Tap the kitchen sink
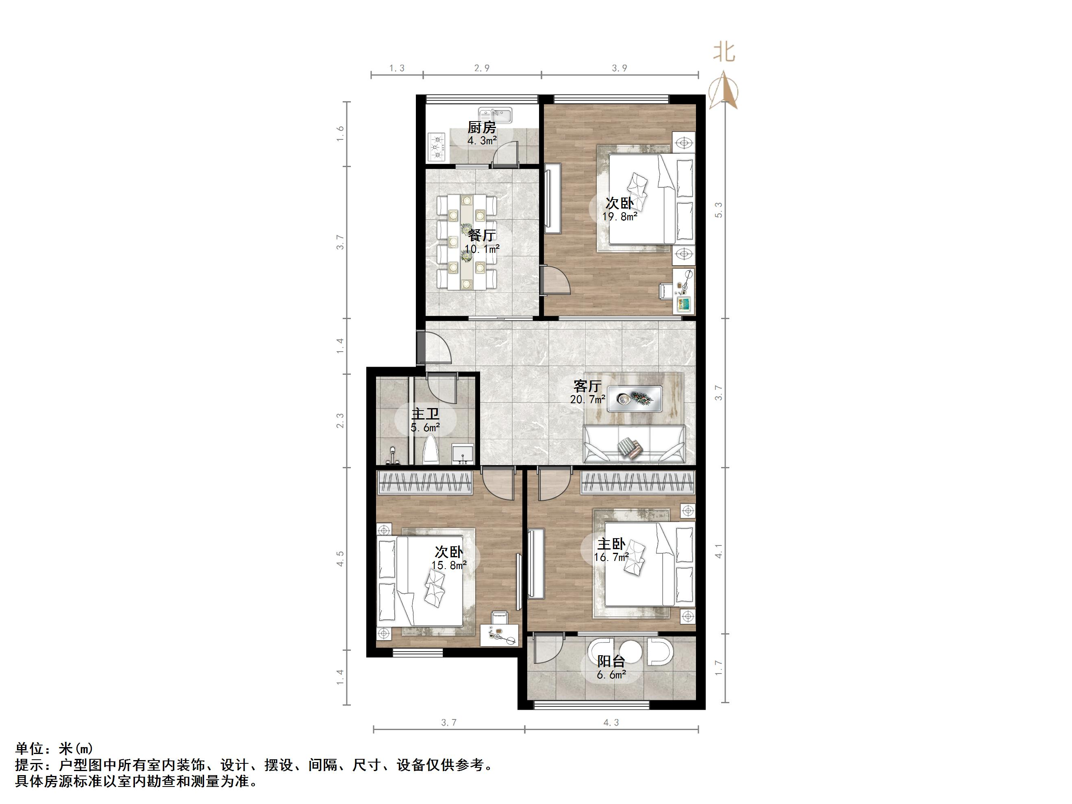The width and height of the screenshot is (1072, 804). point(495,116)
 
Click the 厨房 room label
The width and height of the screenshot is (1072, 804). point(482,128)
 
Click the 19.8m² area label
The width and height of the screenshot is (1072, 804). point(620,217)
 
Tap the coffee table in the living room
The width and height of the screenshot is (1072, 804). point(635,398)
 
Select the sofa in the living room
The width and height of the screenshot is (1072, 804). point(634,444)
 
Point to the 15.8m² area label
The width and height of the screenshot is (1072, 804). point(449,565)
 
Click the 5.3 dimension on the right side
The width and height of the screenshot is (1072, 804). point(719,210)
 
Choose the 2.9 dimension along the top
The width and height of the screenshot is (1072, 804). point(482,68)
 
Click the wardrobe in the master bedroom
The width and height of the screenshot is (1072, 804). point(637,483)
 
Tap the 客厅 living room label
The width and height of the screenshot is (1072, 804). point(587,386)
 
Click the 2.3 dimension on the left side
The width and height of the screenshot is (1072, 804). point(340,420)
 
